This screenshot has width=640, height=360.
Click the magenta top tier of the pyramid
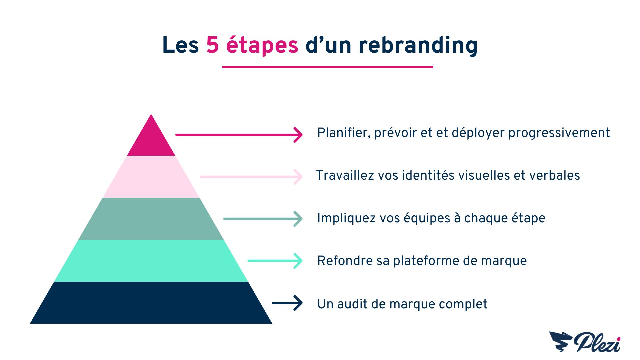coord(151,140)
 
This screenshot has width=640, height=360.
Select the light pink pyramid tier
coord(151,177)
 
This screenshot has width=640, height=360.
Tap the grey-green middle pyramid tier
coord(151,219)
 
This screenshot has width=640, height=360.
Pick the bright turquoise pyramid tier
coord(151,261)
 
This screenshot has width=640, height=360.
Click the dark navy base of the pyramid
coord(151,303)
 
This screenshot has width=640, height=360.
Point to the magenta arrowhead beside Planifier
coord(298,135)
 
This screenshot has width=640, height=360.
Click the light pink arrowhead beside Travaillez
coord(298,177)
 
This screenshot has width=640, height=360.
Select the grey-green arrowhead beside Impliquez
coord(298,219)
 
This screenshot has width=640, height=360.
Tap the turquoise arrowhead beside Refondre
coord(298,261)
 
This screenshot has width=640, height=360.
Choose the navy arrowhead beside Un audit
coord(298,303)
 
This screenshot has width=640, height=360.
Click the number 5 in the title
coord(212,45)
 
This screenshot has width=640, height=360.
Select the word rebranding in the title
coord(418,46)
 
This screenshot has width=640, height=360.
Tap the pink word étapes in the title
coord(262,46)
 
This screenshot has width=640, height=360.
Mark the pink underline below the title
coord(328,67)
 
